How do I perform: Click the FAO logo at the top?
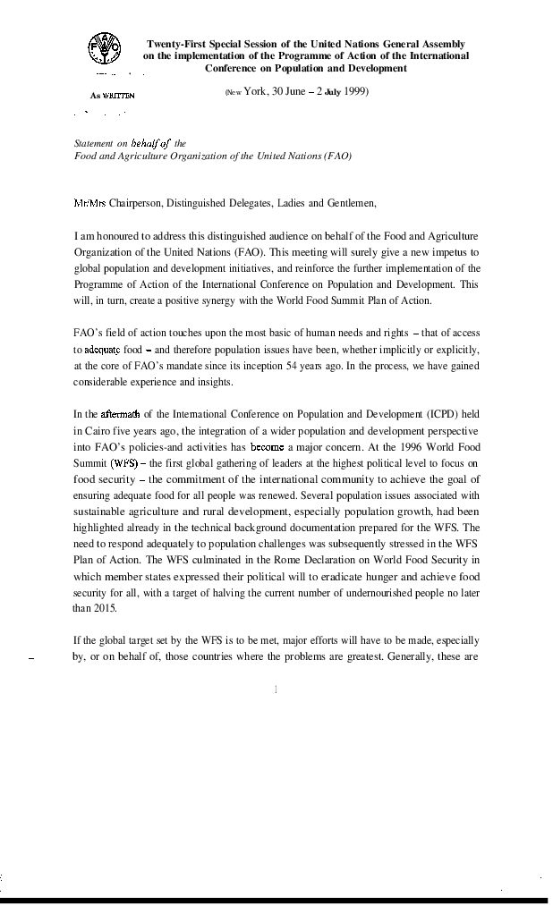click(104, 47)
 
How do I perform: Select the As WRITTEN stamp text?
click(112, 94)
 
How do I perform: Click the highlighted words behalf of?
click(150, 143)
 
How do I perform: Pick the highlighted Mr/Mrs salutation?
click(89, 203)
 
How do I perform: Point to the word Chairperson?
click(135, 203)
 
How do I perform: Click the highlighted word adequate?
click(102, 349)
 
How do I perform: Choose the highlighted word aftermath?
click(119, 413)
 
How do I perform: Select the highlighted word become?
click(267, 445)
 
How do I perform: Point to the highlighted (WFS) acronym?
click(124, 462)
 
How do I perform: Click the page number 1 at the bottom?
click(276, 689)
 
